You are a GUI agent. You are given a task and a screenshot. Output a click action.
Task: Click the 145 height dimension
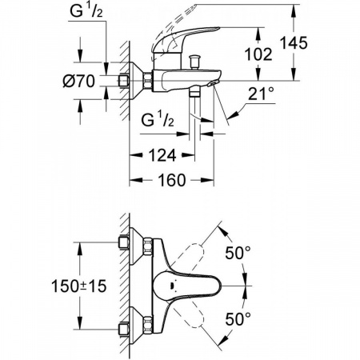(x=294, y=43)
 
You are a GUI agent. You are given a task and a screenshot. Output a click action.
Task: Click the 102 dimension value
(x=258, y=54)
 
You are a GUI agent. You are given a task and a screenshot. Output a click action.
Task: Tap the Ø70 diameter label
(x=78, y=81)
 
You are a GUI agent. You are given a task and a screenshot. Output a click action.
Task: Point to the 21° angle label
(x=261, y=94)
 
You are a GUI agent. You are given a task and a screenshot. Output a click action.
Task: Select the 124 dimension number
(x=162, y=155)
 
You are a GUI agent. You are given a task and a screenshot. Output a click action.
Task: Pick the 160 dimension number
(x=172, y=180)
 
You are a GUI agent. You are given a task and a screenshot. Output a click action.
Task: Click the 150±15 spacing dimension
(x=79, y=286)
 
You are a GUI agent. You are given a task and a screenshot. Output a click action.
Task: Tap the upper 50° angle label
(x=238, y=253)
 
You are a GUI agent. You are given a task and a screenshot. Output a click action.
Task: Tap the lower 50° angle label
(x=238, y=319)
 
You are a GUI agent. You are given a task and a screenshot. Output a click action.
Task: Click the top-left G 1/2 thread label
(x=86, y=12)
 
